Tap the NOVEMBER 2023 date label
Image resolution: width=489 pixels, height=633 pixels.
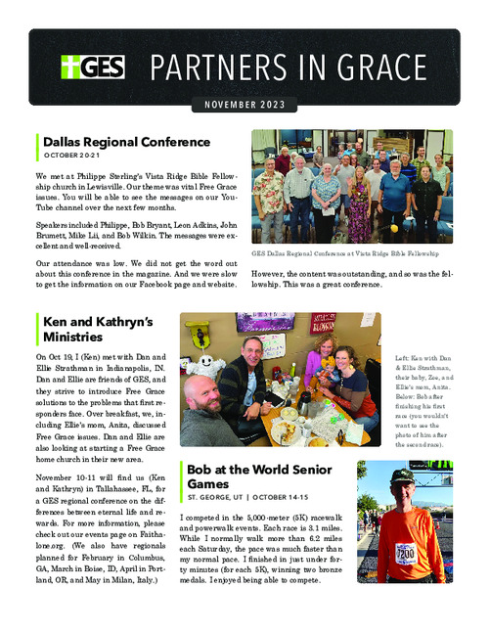click(x=244, y=105)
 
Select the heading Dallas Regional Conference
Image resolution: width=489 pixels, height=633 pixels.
click(x=126, y=142)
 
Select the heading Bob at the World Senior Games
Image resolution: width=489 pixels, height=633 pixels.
click(x=259, y=476)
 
